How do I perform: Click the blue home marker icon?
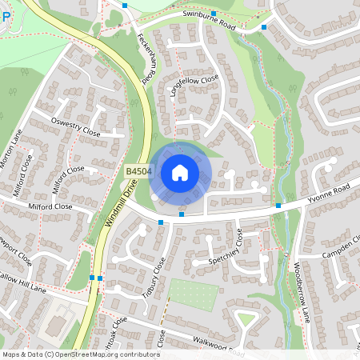(180, 173)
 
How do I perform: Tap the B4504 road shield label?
(138, 172)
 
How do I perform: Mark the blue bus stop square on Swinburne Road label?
(214, 14)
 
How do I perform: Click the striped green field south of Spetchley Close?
(192, 294)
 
